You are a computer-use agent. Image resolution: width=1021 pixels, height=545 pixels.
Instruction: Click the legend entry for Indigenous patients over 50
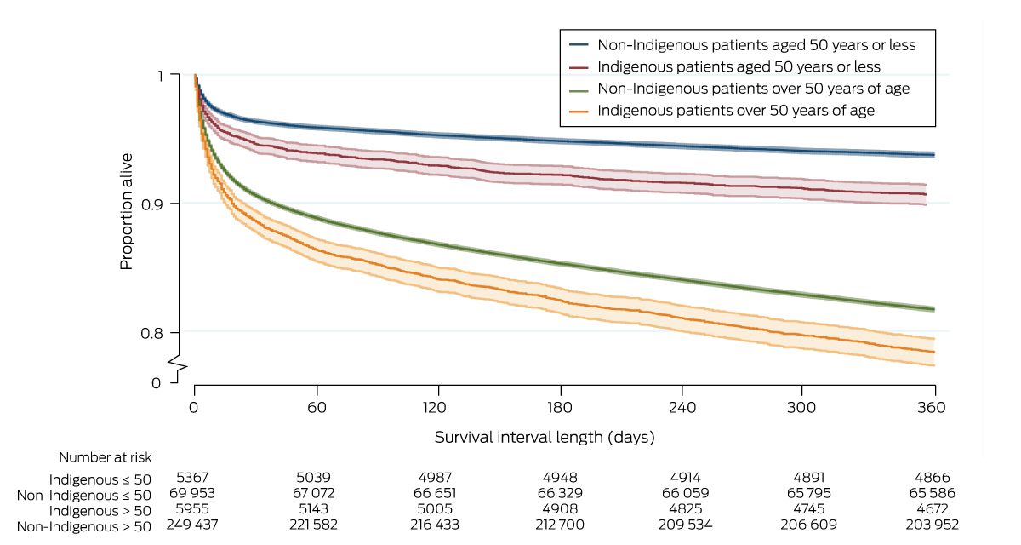(x=736, y=111)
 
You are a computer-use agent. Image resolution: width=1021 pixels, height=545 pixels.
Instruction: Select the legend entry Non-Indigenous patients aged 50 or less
(x=756, y=44)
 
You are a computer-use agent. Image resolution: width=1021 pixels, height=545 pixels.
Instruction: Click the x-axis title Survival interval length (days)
(x=545, y=438)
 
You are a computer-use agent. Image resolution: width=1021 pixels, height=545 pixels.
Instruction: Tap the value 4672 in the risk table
(x=932, y=509)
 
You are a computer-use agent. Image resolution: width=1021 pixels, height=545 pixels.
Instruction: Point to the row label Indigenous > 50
(x=100, y=509)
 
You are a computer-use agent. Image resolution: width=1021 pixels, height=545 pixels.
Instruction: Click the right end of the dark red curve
(x=926, y=195)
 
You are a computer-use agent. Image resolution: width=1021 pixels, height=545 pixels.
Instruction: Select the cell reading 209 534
(x=684, y=525)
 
